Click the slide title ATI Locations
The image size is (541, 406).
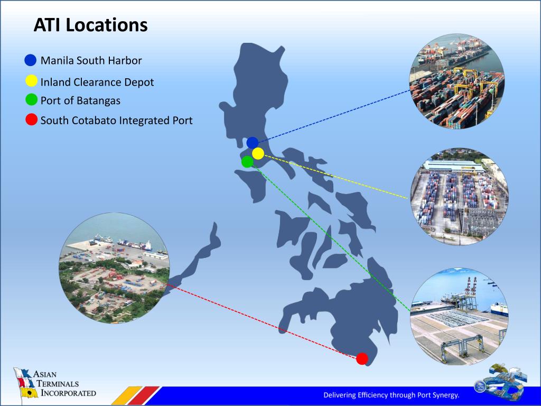(90, 25)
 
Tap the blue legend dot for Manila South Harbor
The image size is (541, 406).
(31, 60)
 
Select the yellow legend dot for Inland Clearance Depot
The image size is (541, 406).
(31, 81)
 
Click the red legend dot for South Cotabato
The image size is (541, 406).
(32, 119)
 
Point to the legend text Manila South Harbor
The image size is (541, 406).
(91, 60)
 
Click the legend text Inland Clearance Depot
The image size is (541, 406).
(97, 82)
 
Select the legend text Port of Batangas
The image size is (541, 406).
(80, 100)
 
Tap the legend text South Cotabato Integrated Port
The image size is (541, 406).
(116, 121)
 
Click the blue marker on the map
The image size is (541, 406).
(253, 142)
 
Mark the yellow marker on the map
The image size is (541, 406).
(258, 153)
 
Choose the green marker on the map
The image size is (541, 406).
(247, 162)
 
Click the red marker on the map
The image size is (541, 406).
(362, 359)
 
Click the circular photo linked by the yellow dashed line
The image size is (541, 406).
(459, 197)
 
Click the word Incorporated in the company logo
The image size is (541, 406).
(67, 393)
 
